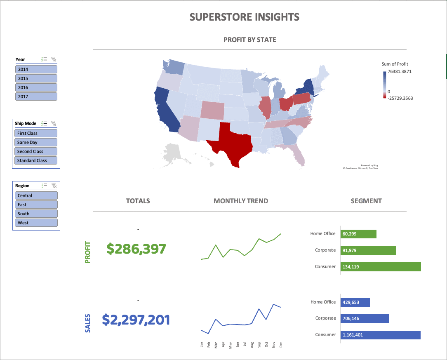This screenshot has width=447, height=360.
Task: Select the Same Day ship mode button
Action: point(36,142)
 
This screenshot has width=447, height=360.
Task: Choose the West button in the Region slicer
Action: point(37,223)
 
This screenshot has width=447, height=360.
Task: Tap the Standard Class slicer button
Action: point(36,160)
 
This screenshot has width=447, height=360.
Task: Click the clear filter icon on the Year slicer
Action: point(54,59)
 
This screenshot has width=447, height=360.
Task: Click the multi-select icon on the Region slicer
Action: point(45,186)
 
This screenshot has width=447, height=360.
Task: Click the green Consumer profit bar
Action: point(380,267)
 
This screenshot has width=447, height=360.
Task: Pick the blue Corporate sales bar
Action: point(365,318)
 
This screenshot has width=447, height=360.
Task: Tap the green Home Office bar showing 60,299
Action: point(358,234)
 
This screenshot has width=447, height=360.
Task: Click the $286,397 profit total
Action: point(136,249)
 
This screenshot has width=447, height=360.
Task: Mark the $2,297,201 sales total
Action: point(136,320)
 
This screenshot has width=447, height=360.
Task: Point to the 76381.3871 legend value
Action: point(400,71)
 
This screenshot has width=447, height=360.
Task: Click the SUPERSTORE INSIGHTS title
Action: point(245,17)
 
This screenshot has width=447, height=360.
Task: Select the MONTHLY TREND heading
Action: point(241,201)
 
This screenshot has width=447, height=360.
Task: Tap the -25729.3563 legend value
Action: point(400,98)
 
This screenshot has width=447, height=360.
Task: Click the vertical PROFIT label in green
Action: point(87,252)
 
